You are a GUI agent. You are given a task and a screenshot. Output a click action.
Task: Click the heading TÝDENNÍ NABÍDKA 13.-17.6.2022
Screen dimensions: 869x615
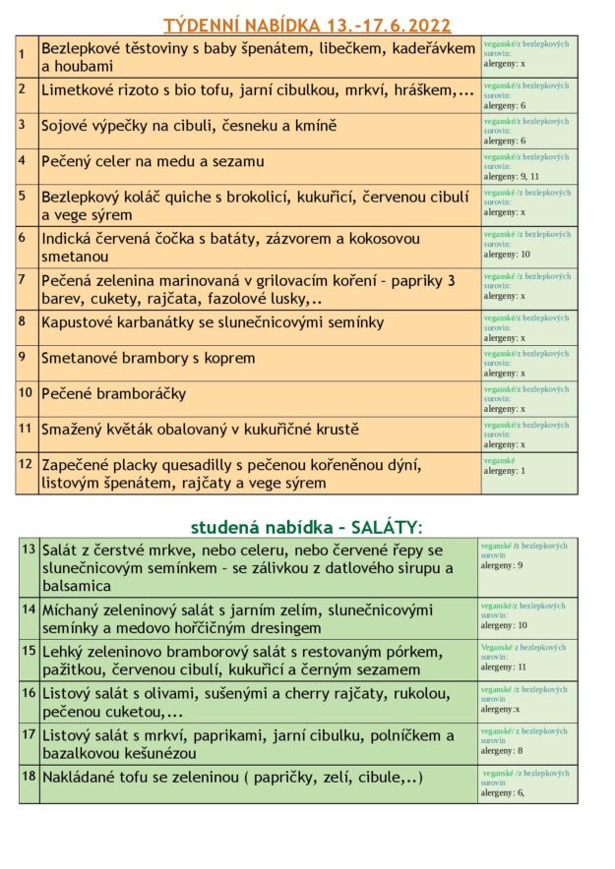click(x=307, y=25)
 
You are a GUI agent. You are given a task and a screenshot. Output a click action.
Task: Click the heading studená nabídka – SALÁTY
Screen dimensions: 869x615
click(x=306, y=527)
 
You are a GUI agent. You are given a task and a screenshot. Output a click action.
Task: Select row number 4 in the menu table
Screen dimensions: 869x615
click(x=22, y=159)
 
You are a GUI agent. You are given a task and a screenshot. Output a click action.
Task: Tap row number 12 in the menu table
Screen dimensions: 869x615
click(x=26, y=463)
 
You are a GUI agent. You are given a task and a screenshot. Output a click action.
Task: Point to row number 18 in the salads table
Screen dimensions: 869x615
click(x=29, y=777)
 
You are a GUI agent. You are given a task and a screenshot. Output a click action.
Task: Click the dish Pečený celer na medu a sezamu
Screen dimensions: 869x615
click(x=153, y=161)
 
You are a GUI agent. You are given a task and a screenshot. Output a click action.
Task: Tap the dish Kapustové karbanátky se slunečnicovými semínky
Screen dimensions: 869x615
click(x=213, y=322)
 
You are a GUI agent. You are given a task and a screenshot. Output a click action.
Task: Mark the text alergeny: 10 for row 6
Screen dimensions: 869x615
click(x=507, y=255)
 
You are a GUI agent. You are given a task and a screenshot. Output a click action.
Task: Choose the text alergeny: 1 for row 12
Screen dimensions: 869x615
click(x=504, y=471)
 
